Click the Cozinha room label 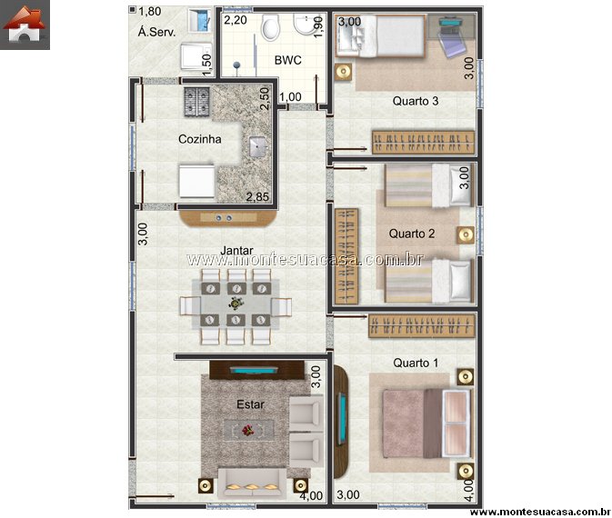click(199, 139)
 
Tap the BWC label click(287, 60)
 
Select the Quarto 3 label click(416, 101)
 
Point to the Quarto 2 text click(412, 234)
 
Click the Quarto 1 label click(416, 363)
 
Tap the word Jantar click(236, 251)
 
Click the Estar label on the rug click(251, 404)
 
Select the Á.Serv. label click(157, 32)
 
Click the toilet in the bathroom click(270, 26)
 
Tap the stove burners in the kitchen click(196, 102)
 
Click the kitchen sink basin click(257, 146)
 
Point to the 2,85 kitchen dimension click(257, 197)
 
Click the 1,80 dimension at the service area click(150, 11)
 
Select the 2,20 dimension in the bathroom click(236, 20)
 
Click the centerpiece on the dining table click(236, 304)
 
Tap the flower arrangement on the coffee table click(247, 430)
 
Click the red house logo click(25, 25)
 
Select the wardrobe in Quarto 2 click(346, 256)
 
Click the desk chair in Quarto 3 click(453, 45)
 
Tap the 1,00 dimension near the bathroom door click(290, 96)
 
